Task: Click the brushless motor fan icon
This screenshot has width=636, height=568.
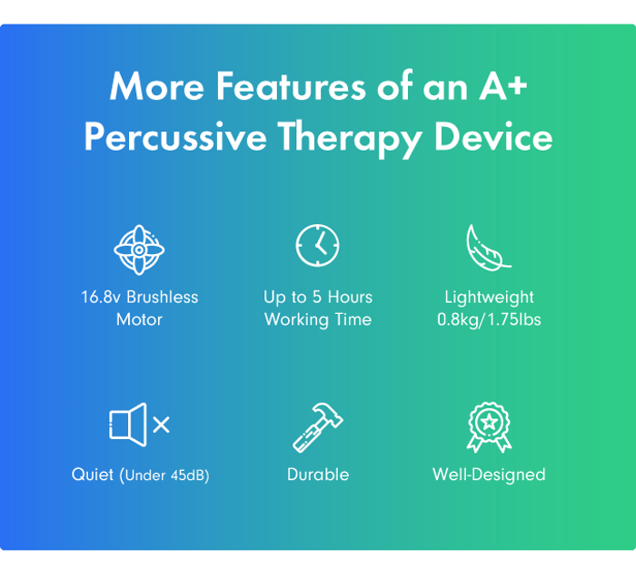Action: pyautogui.click(x=139, y=250)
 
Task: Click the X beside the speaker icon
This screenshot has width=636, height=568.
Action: pyautogui.click(x=162, y=425)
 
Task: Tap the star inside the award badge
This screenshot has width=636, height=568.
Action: pyautogui.click(x=489, y=422)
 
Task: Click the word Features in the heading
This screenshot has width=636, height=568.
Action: pyautogui.click(x=291, y=86)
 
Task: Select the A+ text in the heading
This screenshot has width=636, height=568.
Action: pyautogui.click(x=503, y=86)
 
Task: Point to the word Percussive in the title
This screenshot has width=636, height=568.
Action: pyautogui.click(x=175, y=137)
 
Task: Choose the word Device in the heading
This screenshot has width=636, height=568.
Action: pyautogui.click(x=493, y=136)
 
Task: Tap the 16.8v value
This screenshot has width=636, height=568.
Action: pyautogui.click(x=101, y=298)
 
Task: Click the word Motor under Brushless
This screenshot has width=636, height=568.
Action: pyautogui.click(x=139, y=319)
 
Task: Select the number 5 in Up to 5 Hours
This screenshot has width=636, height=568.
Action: pyautogui.click(x=317, y=298)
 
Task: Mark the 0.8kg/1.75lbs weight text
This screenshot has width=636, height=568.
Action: pyautogui.click(x=489, y=320)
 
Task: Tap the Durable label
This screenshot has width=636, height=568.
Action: pyautogui.click(x=318, y=475)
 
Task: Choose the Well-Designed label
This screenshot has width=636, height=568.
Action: pyautogui.click(x=489, y=475)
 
